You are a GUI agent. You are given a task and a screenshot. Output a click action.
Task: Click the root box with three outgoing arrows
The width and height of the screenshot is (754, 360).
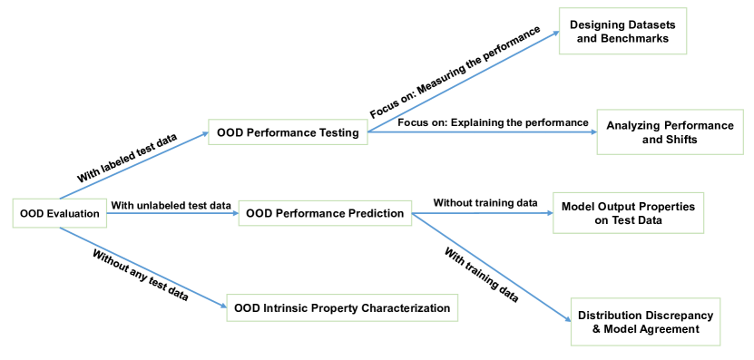click(x=60, y=213)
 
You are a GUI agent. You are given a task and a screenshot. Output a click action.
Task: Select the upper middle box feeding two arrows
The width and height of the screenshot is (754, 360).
click(x=288, y=132)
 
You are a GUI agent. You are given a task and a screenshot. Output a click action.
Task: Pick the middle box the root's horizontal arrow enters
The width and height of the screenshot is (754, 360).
click(x=325, y=213)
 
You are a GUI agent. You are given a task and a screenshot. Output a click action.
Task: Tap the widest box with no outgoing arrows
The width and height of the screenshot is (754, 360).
click(x=342, y=307)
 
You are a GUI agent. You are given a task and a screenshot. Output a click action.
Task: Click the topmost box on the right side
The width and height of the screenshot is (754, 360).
click(x=622, y=32)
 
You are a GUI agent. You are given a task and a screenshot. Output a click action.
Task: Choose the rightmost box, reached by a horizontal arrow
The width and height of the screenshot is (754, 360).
click(x=670, y=132)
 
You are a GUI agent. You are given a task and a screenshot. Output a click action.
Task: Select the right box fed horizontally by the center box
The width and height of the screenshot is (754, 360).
click(x=628, y=212)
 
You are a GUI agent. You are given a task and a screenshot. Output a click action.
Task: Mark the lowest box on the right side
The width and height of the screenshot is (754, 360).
click(x=645, y=321)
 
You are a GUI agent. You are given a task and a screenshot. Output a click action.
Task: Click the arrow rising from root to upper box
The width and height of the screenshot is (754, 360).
click(x=134, y=166)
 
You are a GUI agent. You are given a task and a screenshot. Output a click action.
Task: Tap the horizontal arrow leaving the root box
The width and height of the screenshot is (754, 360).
click(x=172, y=213)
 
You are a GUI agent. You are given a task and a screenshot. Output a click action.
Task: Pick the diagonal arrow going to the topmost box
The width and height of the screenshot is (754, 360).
click(x=464, y=82)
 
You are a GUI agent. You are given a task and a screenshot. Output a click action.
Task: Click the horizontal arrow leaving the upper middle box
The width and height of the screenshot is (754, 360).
click(x=482, y=131)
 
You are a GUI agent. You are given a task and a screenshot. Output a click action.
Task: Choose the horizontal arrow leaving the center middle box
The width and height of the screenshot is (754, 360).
click(x=482, y=213)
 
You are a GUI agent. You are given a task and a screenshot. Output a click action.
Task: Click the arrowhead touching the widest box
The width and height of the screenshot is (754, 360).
click(x=223, y=306)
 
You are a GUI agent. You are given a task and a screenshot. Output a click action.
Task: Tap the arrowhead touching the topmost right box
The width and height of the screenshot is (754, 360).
click(x=555, y=34)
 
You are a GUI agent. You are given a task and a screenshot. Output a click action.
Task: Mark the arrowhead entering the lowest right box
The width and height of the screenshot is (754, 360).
click(x=567, y=319)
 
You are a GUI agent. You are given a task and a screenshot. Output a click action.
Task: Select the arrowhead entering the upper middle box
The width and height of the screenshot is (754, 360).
click(x=205, y=134)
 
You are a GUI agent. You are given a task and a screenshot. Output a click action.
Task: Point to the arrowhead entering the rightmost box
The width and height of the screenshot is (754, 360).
click(x=593, y=131)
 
